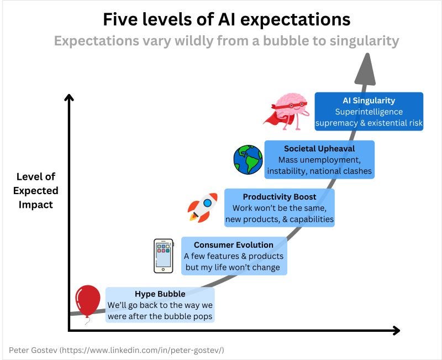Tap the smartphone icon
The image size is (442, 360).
[x=163, y=255]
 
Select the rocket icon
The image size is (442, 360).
[x=203, y=207]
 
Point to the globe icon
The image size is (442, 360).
[x=248, y=159]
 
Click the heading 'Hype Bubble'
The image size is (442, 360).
[x=160, y=294]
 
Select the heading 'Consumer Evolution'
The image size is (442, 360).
[x=233, y=244]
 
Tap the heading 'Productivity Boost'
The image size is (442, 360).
[x=280, y=196]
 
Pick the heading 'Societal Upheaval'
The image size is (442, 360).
[x=319, y=148]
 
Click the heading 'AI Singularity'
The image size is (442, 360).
[x=369, y=100]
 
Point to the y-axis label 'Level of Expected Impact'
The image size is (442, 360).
[x=37, y=190]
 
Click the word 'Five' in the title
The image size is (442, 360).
[x=120, y=20]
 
